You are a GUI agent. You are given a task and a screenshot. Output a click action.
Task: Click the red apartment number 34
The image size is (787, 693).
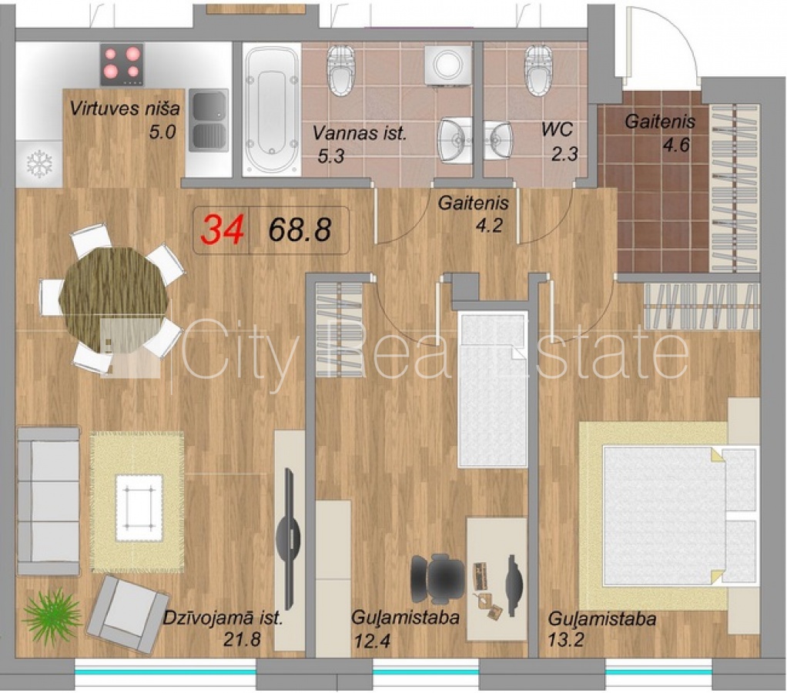223,229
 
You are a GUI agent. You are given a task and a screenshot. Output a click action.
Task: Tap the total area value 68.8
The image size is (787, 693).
300,230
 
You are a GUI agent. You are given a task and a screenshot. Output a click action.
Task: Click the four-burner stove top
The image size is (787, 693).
122,64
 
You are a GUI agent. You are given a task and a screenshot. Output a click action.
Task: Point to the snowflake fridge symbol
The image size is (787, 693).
39,163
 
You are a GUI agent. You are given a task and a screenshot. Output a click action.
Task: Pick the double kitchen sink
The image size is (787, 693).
208,120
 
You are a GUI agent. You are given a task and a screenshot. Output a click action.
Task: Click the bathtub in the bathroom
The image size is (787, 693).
272,109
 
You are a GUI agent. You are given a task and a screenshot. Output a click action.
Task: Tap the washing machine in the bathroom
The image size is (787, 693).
448,65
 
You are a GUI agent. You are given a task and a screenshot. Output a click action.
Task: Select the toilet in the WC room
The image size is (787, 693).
539,69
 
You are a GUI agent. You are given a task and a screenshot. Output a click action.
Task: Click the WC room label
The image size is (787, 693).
557,129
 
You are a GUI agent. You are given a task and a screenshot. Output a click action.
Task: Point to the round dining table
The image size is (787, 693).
113,299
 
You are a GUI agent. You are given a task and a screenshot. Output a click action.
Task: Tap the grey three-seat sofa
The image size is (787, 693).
49,500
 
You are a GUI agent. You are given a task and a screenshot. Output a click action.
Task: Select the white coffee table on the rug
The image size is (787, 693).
139,507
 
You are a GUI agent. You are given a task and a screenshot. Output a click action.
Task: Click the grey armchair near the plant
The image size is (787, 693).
128,613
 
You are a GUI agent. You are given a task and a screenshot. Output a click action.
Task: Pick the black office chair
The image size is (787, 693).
438,579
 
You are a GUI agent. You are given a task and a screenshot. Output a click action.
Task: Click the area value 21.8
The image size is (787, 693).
242,639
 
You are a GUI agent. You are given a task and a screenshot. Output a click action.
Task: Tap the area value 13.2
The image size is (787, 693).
565,641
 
